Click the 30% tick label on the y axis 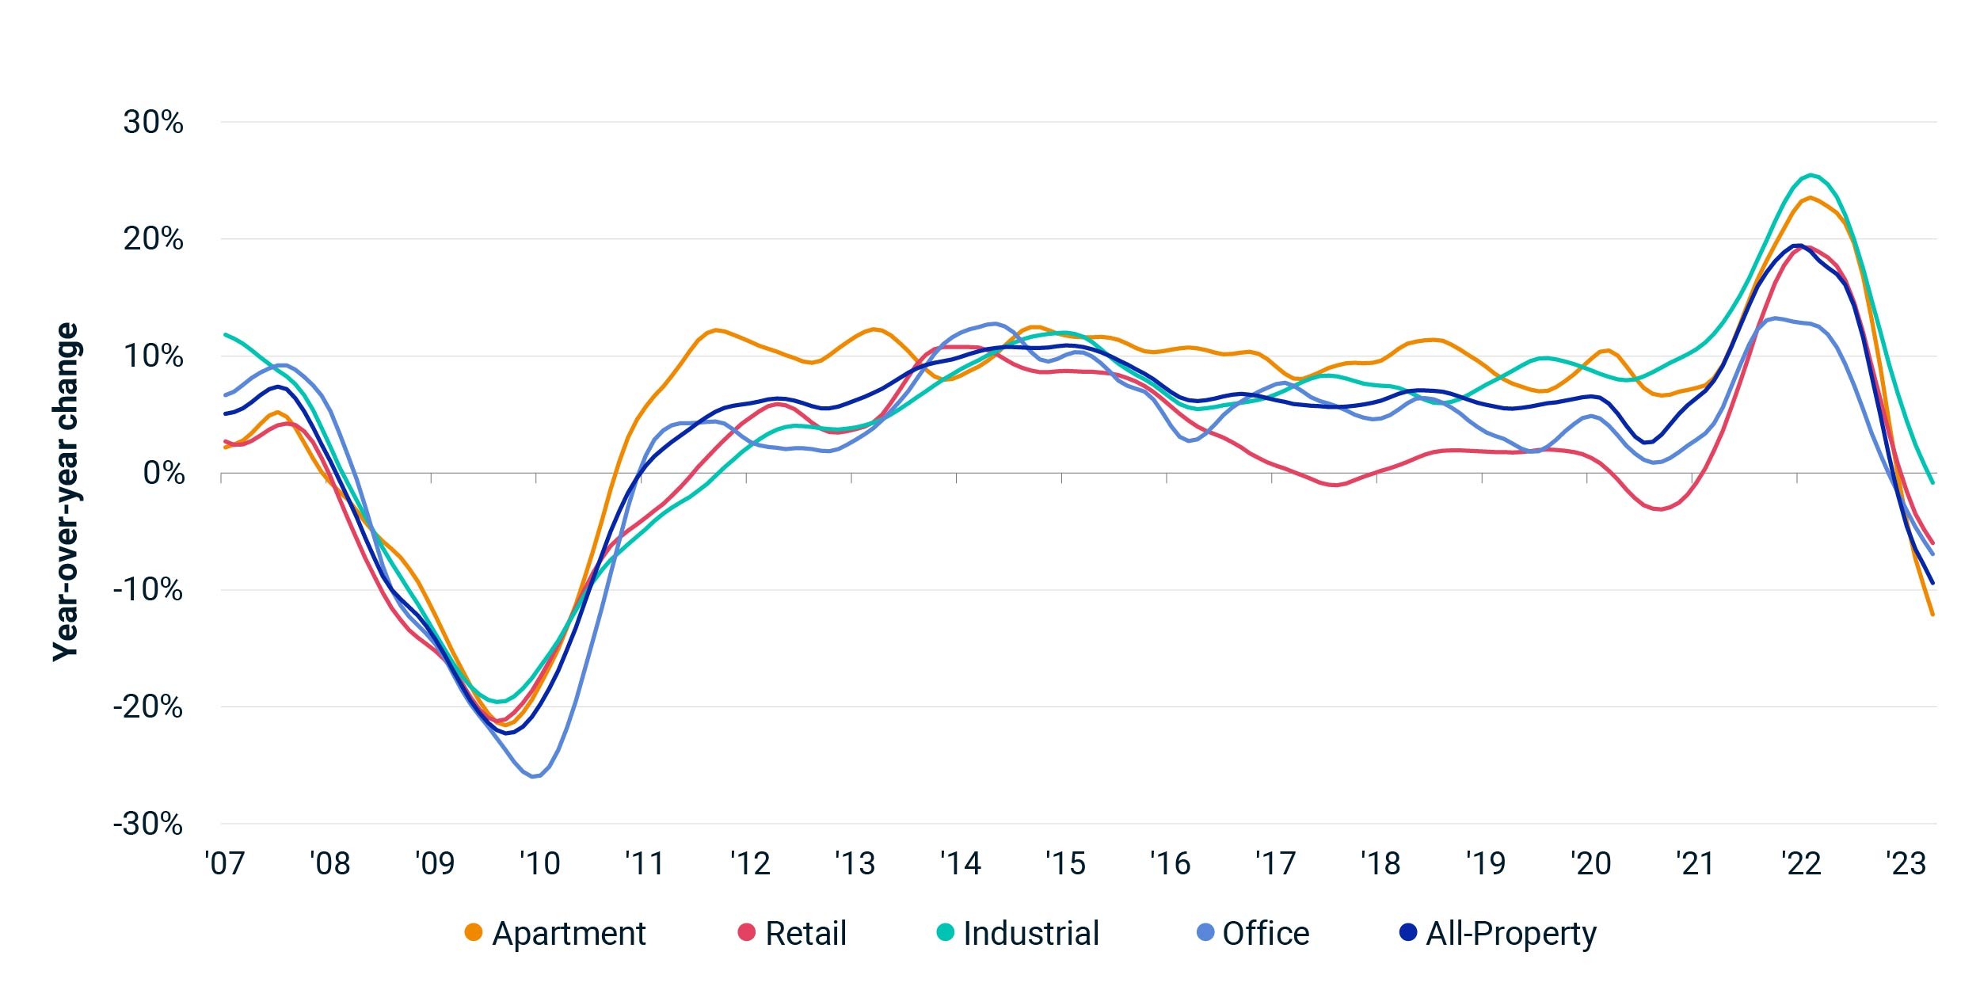(x=153, y=123)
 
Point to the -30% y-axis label (x=147, y=824)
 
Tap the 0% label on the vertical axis (x=164, y=474)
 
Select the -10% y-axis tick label (x=147, y=590)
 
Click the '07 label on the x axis (x=225, y=863)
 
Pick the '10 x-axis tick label (x=539, y=863)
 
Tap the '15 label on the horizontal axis (x=1065, y=863)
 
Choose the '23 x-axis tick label (x=1906, y=863)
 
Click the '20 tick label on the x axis (x=1590, y=863)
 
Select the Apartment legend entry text (x=569, y=935)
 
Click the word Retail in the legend (x=805, y=934)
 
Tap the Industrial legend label (x=1031, y=934)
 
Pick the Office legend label (x=1266, y=934)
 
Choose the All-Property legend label (x=1511, y=935)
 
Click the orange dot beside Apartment (x=474, y=933)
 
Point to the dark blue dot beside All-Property (x=1408, y=933)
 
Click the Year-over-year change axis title (x=66, y=491)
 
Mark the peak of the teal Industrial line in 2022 (x=1810, y=175)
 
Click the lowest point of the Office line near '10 (x=533, y=777)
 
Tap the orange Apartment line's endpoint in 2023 (x=1933, y=614)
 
